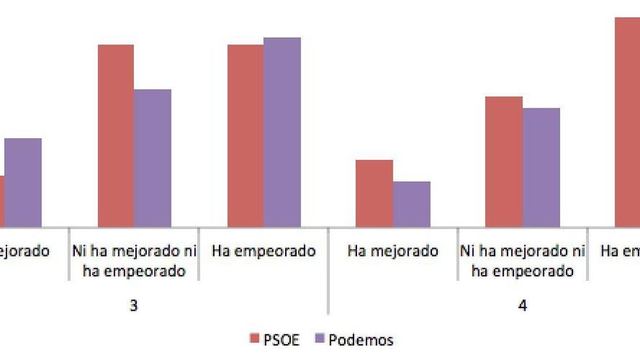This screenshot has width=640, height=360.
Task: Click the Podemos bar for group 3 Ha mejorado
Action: pos(23,183)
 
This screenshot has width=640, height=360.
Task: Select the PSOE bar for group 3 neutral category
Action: pos(116,136)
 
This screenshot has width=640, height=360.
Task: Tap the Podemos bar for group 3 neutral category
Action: pos(153,159)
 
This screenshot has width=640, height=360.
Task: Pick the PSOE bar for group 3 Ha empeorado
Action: pos(245,136)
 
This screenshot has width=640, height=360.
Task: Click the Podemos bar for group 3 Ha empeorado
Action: pos(282,132)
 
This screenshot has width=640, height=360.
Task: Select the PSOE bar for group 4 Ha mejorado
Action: pos(374,193)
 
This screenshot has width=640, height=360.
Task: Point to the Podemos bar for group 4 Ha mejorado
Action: pos(412,204)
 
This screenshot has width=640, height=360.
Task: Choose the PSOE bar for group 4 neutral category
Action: pos(504,161)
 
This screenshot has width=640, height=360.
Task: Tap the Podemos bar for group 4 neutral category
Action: pos(541,167)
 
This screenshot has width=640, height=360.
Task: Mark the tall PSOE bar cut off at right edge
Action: pos(627,122)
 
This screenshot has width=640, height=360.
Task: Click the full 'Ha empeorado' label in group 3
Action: pos(264,252)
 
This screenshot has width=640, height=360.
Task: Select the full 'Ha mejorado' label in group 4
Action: pos(393,252)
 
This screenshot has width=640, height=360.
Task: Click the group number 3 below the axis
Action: pos(134,306)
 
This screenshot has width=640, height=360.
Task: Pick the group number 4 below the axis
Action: pos(522,306)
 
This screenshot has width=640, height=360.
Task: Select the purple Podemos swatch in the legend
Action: pos(319,339)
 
